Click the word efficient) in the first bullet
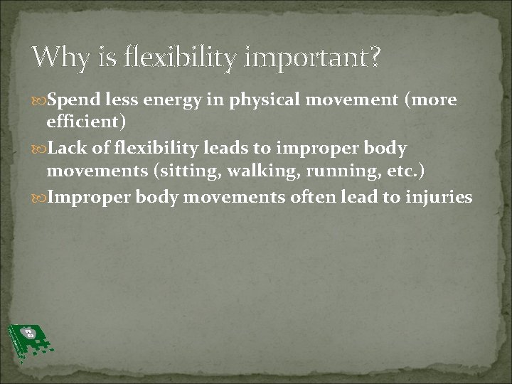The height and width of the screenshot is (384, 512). click(87, 122)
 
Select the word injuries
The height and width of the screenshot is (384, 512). click(438, 197)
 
